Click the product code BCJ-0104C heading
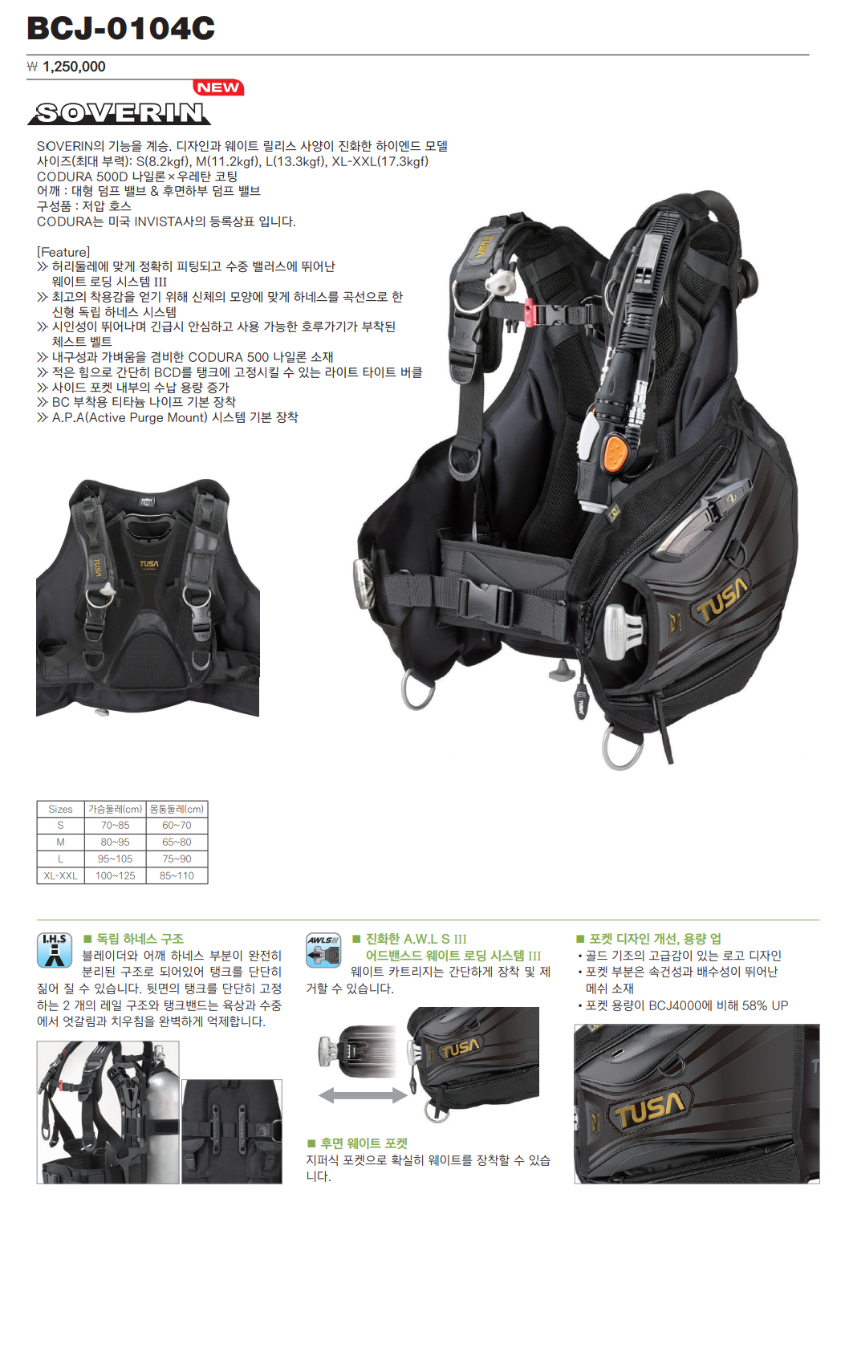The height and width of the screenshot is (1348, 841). point(121,28)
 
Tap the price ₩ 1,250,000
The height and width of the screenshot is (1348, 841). point(67,67)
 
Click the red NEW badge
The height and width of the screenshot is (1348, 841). point(218,87)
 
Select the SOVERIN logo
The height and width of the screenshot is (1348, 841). point(120,113)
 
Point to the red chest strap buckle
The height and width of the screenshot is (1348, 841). point(529,311)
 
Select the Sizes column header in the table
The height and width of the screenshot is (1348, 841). point(60,810)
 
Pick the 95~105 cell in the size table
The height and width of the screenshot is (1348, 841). point(115,859)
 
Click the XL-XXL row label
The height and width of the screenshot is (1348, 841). point(60,875)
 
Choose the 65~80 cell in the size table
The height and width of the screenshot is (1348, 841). point(177,842)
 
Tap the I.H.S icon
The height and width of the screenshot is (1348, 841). point(55,950)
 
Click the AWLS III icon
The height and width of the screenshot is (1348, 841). point(323,950)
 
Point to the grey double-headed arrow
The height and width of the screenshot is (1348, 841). point(363,1095)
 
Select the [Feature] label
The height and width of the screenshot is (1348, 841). point(63,252)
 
